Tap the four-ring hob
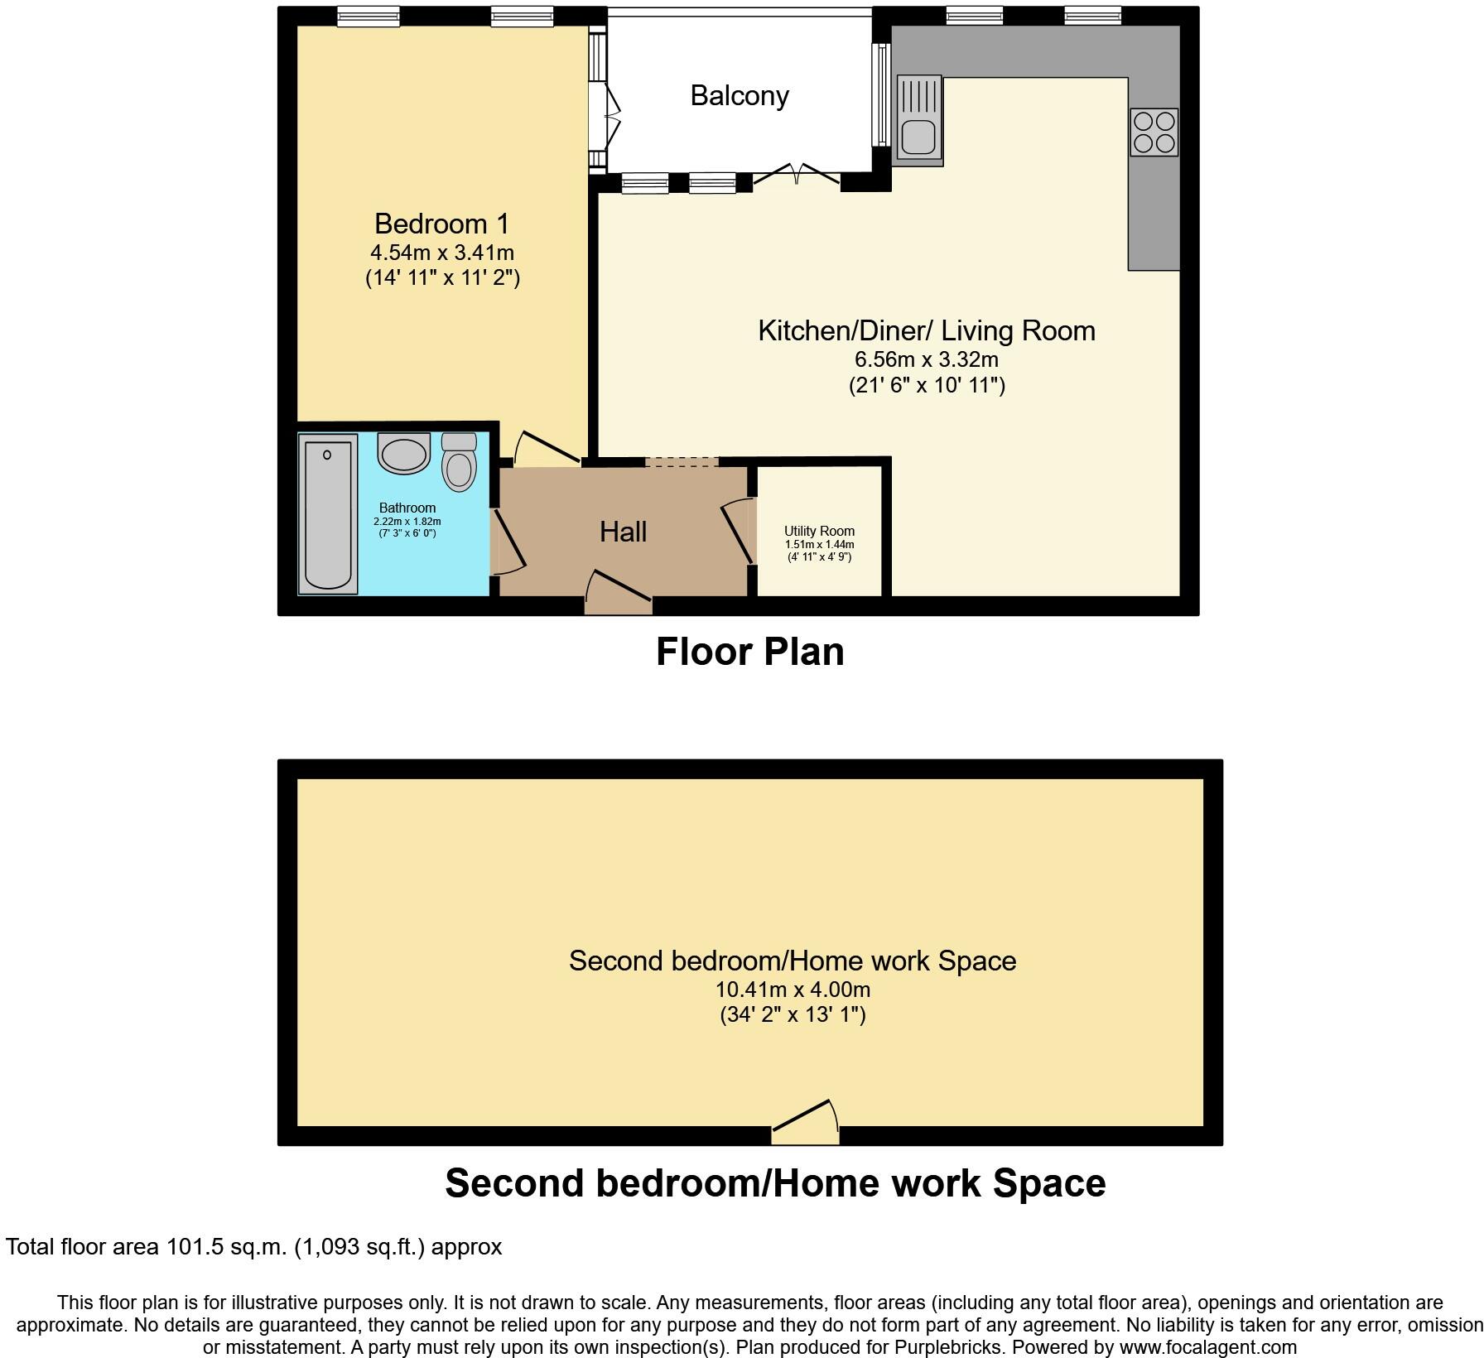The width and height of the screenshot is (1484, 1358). (1154, 132)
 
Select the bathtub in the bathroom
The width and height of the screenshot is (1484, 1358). (329, 513)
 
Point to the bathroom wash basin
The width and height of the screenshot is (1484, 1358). (403, 454)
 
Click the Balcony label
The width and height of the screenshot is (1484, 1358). (740, 96)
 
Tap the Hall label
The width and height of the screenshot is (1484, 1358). (623, 532)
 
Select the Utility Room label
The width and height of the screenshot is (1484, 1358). (819, 531)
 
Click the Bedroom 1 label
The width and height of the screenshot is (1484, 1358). (441, 224)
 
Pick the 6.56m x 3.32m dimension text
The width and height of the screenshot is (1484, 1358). (926, 360)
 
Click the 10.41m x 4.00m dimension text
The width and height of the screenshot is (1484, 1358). (793, 990)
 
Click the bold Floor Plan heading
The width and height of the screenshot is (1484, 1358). (749, 652)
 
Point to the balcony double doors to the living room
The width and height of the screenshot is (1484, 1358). (796, 174)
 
